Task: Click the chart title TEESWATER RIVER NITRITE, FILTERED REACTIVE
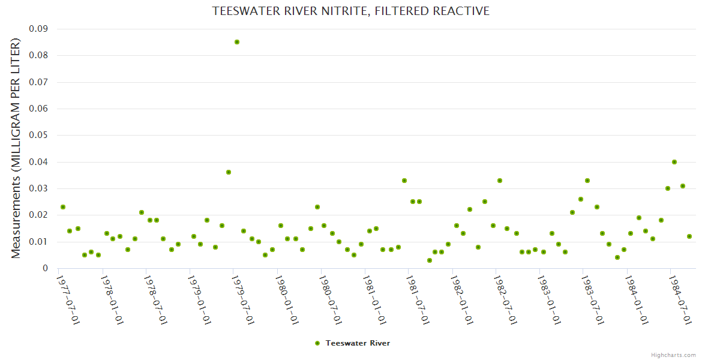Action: [x=350, y=11]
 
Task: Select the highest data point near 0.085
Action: [x=237, y=42]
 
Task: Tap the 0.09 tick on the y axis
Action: [x=38, y=29]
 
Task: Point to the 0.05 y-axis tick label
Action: [x=38, y=135]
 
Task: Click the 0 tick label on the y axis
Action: [x=45, y=268]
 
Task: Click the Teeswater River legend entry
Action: [x=353, y=343]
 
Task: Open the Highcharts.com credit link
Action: [x=673, y=355]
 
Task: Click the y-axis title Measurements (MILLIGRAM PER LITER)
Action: [x=16, y=148]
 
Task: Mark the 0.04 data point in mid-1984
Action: [x=674, y=162]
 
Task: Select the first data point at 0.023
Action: [x=63, y=207]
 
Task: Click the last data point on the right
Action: [x=689, y=236]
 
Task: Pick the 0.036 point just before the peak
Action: [x=229, y=172]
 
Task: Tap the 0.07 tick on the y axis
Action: [x=38, y=82]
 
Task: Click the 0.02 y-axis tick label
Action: [x=38, y=215]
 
